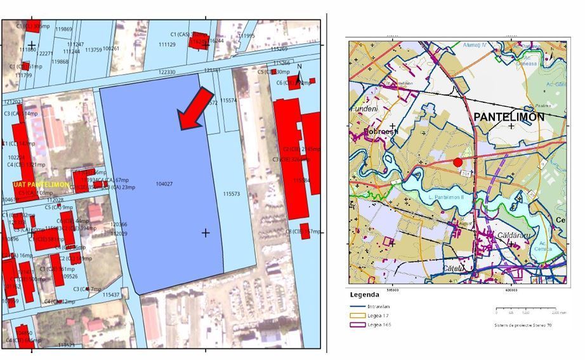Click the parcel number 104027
[164, 184]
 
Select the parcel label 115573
[232, 194]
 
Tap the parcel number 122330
[167, 72]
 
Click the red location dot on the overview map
[457, 163]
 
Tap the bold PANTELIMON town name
[509, 117]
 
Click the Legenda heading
[364, 295]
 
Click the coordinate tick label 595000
[392, 290]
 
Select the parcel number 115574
[229, 100]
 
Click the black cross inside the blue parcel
[206, 233]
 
